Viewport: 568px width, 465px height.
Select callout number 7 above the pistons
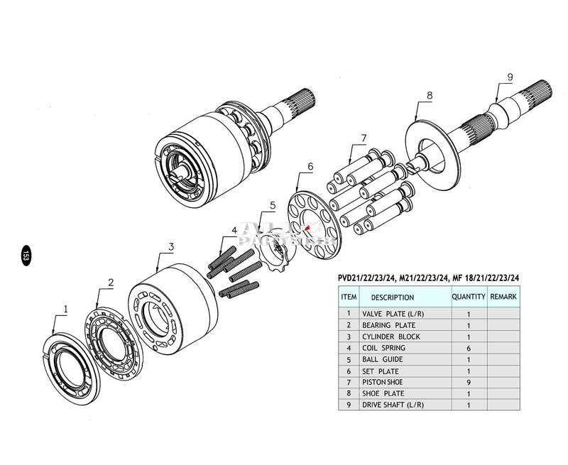point(363,138)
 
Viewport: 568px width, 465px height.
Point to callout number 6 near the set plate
point(310,167)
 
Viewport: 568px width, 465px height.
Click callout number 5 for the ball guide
point(271,206)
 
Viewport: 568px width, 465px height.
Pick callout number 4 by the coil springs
point(234,231)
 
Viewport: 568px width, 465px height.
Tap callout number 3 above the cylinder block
point(171,247)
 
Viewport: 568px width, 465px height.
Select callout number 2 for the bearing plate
point(110,282)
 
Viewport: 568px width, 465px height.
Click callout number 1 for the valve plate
point(66,309)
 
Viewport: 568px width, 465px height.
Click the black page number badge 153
point(26,255)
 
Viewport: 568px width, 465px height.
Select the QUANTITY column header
point(469,297)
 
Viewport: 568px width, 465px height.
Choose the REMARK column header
point(503,297)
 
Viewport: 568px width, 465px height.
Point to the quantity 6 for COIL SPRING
point(469,348)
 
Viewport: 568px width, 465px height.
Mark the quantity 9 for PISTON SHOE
point(469,383)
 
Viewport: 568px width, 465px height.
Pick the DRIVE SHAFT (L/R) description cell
point(394,405)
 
